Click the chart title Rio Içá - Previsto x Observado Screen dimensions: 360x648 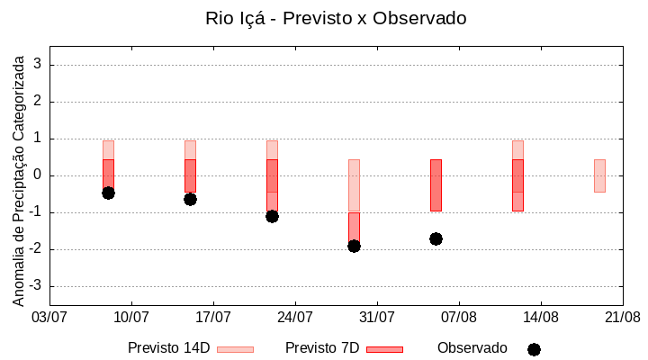(x=336, y=18)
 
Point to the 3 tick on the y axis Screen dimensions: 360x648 (x=38, y=65)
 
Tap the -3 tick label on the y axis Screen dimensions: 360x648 (x=35, y=286)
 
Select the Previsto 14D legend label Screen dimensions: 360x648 (x=168, y=348)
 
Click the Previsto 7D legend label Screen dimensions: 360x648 (x=322, y=348)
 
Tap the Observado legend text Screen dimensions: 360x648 (x=472, y=348)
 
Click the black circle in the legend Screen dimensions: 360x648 (x=534, y=349)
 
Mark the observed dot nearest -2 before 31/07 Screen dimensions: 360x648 (x=354, y=246)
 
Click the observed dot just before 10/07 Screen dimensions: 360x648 (x=108, y=193)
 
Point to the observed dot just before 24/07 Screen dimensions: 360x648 (x=272, y=216)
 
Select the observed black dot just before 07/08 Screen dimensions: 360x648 (x=436, y=238)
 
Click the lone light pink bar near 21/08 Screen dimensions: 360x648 (x=599, y=175)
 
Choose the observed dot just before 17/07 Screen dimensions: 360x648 (x=190, y=199)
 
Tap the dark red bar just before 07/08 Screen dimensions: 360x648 (x=436, y=184)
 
